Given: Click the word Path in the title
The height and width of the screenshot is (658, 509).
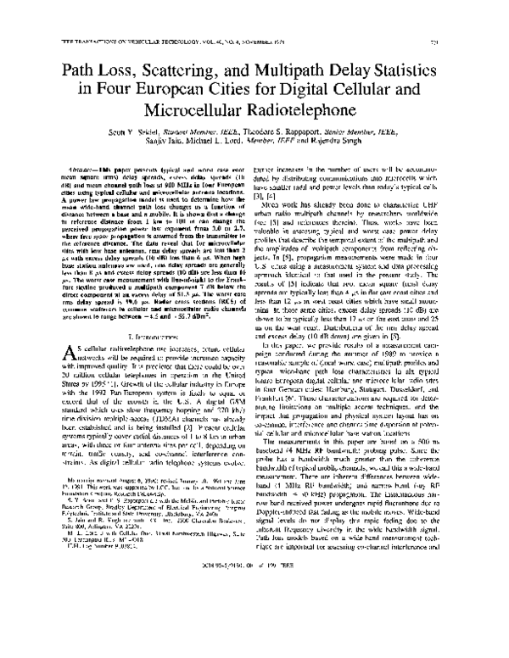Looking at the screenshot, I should tap(104, 62).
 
